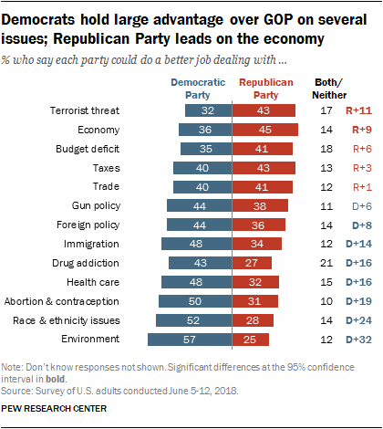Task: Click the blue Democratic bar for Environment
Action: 190,340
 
